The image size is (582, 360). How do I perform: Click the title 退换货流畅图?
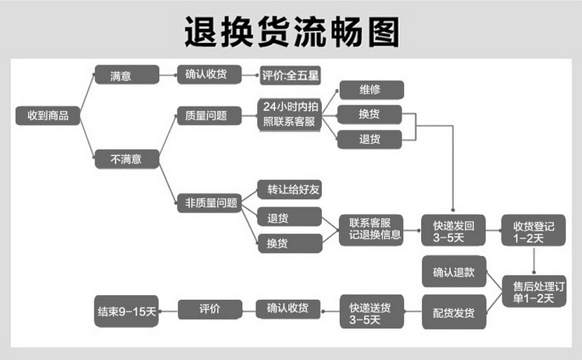[x=291, y=32]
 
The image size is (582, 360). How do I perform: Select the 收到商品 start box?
[x=48, y=116]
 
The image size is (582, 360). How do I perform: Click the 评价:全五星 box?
[x=291, y=76]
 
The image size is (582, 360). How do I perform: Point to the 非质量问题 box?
[x=207, y=203]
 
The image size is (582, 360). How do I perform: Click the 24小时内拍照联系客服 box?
[x=290, y=114]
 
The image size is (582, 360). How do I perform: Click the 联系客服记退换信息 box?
[x=370, y=228]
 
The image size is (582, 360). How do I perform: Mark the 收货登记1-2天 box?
[x=534, y=232]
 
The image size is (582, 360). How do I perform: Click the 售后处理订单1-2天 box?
[x=534, y=289]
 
